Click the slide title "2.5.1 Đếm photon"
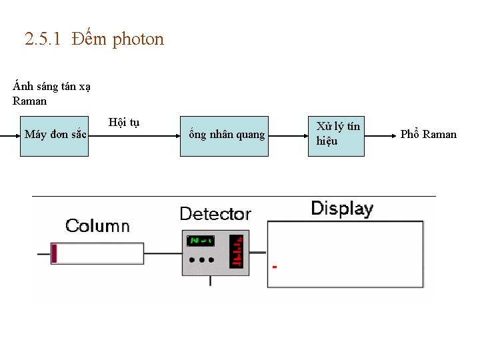[94, 39]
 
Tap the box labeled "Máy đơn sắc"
[55, 136]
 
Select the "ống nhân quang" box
[225, 136]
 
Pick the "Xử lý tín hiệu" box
[337, 136]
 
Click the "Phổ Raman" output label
[428, 135]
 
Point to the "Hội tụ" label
[124, 122]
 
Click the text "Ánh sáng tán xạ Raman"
[51, 93]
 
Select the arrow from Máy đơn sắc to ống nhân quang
[133, 136]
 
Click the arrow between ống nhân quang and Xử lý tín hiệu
[288, 136]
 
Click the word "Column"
[97, 226]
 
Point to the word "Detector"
[215, 214]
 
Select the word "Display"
[342, 208]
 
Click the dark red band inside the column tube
[54, 254]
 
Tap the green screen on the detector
[201, 241]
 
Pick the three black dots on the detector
[201, 260]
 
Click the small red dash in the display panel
[274, 267]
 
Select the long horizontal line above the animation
[233, 197]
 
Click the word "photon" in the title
[138, 39]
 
